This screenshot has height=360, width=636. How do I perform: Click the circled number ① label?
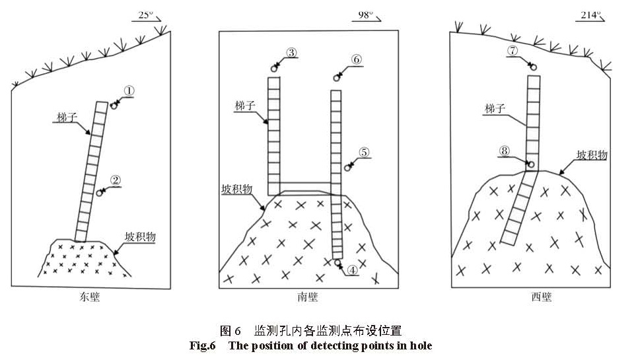click(129, 91)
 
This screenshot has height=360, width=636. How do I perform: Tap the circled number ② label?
click(116, 180)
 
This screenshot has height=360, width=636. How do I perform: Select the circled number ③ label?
click(292, 52)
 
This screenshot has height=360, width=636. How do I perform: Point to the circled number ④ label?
click(353, 270)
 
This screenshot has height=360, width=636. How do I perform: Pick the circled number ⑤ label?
click(364, 152)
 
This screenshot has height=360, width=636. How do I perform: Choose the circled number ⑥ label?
click(356, 59)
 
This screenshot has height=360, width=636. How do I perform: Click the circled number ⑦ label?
click(512, 50)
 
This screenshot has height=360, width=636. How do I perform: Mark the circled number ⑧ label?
click(505, 151)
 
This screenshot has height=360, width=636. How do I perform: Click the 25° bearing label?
click(146, 15)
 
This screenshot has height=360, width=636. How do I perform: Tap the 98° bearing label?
click(365, 15)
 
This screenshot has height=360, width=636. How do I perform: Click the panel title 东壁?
click(90, 297)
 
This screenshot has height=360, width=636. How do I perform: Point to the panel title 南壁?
click(308, 297)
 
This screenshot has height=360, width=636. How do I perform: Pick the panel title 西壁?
click(542, 297)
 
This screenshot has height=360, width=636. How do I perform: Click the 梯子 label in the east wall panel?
click(67, 118)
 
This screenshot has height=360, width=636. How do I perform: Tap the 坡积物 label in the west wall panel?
click(592, 155)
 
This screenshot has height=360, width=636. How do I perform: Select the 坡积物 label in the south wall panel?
click(237, 189)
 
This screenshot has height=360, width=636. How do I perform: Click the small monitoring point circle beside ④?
click(337, 263)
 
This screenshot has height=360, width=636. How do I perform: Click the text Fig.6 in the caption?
click(202, 345)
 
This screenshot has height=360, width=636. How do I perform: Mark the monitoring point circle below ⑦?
click(532, 67)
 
